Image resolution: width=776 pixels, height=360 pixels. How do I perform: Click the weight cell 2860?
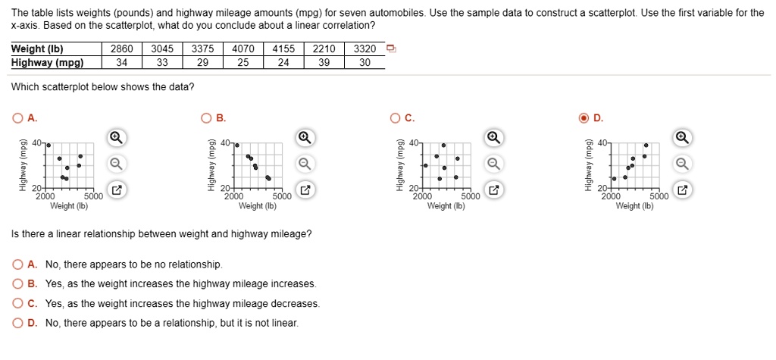(121, 49)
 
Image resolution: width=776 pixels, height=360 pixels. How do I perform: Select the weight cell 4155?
(283, 49)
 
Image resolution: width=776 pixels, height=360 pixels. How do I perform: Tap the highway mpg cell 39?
(324, 63)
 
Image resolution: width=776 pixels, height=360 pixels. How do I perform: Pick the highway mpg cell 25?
(242, 63)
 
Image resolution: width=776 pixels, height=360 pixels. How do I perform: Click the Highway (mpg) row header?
(47, 63)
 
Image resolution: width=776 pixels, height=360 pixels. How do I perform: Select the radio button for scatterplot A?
(17, 117)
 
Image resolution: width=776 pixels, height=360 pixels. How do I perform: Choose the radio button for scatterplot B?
(206, 117)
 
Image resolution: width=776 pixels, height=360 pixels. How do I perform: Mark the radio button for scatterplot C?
(396, 117)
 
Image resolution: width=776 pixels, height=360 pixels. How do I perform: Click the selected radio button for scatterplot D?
(584, 117)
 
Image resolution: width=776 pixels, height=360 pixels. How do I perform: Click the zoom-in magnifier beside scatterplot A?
(115, 137)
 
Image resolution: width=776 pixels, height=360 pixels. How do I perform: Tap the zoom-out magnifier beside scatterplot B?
(304, 164)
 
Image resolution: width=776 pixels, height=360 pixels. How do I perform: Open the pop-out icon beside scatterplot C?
(493, 189)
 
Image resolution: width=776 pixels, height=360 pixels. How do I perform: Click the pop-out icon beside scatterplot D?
(682, 189)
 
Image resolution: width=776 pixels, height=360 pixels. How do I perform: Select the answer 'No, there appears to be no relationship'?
(17, 265)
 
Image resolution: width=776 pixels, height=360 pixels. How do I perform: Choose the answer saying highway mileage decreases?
(17, 303)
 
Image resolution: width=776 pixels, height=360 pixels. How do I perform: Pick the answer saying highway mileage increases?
(17, 283)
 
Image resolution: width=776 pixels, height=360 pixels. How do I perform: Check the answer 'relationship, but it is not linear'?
(17, 322)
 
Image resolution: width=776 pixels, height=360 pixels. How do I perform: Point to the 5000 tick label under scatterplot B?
(280, 196)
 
